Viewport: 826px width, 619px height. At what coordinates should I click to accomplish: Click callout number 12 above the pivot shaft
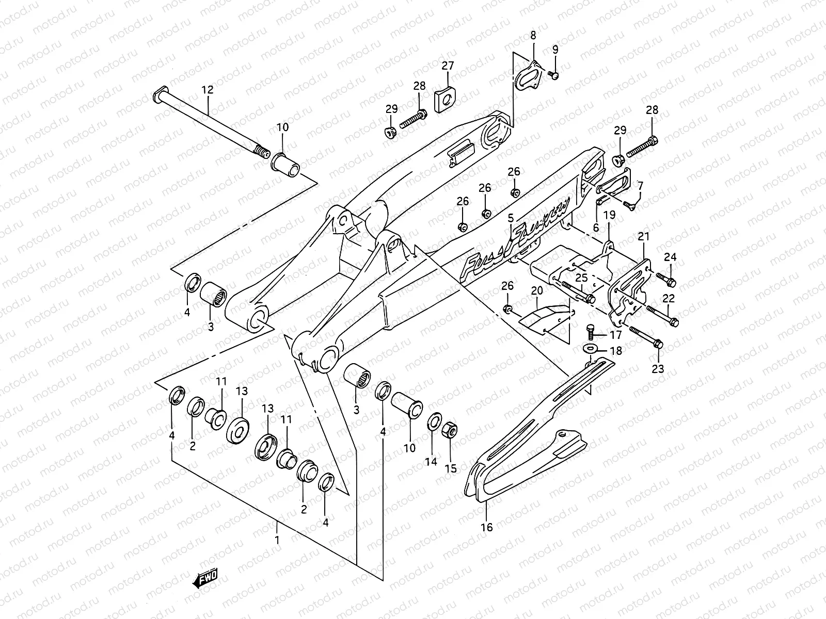click(207, 90)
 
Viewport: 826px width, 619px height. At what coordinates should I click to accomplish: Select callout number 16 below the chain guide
click(487, 527)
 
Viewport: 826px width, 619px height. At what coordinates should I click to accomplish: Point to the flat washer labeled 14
click(434, 420)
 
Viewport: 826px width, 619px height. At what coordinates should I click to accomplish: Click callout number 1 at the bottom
click(277, 541)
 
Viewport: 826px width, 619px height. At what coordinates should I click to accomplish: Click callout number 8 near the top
click(533, 36)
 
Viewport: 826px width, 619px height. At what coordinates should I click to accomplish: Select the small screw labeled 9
click(553, 75)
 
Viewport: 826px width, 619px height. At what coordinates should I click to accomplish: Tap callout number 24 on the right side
click(670, 257)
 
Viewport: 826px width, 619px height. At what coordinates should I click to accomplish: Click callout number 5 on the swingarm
click(511, 218)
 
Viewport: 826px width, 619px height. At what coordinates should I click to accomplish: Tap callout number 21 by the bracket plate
click(643, 236)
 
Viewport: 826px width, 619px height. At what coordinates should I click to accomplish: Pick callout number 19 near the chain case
click(609, 215)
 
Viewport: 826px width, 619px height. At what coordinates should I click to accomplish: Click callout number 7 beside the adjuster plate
click(640, 185)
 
